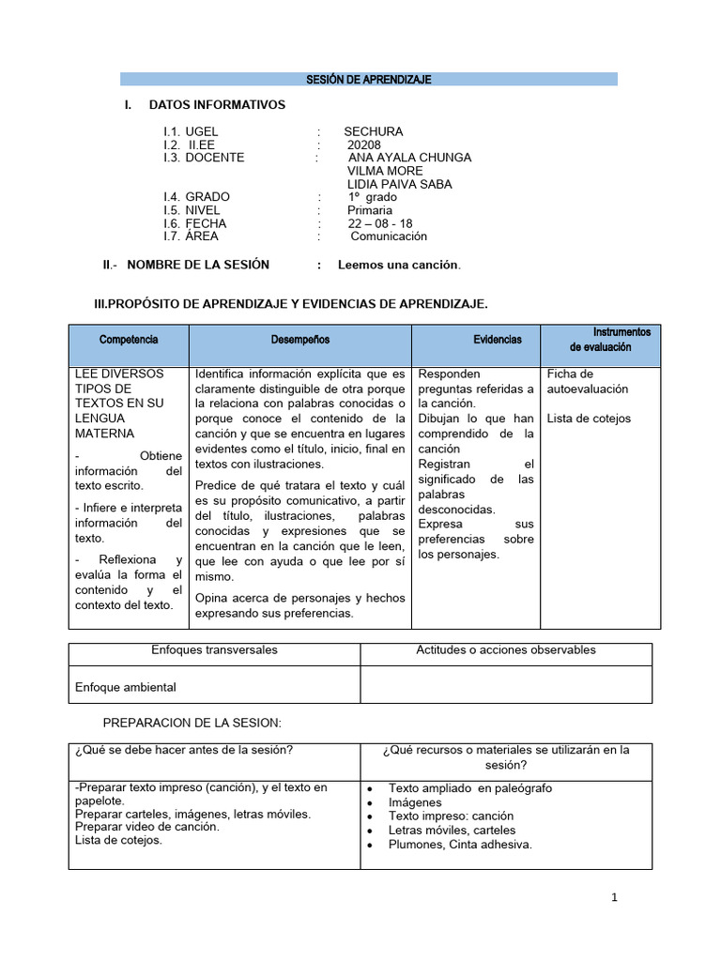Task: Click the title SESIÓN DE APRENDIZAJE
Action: click(368, 80)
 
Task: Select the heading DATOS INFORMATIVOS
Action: click(217, 105)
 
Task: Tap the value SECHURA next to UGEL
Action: click(373, 131)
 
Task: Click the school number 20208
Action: click(363, 145)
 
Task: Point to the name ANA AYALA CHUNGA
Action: click(409, 158)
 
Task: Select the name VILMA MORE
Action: click(385, 171)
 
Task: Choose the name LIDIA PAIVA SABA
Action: click(399, 184)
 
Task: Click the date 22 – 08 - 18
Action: click(379, 223)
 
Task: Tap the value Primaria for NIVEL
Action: click(370, 210)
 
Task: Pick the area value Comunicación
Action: click(389, 236)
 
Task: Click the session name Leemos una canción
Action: click(399, 265)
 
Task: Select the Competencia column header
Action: click(129, 340)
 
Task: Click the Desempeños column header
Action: click(300, 340)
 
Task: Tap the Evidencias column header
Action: click(498, 340)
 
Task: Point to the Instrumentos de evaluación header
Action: click(609, 340)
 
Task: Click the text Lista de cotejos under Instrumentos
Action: click(589, 419)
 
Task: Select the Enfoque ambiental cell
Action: click(126, 687)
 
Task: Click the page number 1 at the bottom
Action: click(614, 898)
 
